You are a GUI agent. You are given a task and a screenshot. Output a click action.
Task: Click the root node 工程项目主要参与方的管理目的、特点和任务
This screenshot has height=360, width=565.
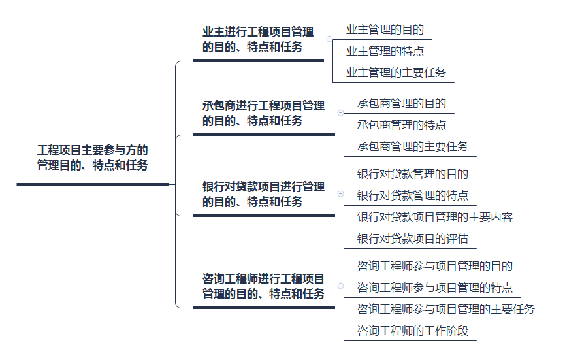click(x=92, y=157)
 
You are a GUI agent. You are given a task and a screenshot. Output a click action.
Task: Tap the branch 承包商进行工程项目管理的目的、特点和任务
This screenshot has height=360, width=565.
click(x=263, y=113)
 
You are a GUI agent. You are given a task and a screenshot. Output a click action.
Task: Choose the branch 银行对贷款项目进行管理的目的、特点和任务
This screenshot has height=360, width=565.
click(x=263, y=194)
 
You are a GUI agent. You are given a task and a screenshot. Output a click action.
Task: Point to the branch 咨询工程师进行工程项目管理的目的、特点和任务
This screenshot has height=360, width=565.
click(x=263, y=286)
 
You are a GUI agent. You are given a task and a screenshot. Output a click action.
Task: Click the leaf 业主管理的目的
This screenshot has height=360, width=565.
click(x=385, y=30)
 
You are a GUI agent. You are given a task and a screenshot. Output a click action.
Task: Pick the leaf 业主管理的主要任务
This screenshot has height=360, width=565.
click(x=395, y=72)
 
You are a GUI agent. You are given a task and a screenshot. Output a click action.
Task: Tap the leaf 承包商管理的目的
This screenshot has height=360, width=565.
click(x=401, y=104)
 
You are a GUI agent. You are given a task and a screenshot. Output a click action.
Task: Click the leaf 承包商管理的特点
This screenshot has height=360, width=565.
click(x=401, y=125)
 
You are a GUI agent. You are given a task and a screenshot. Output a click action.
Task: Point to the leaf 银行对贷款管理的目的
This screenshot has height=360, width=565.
click(x=412, y=174)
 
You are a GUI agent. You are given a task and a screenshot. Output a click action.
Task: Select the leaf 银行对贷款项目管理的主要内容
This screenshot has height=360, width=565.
click(x=434, y=217)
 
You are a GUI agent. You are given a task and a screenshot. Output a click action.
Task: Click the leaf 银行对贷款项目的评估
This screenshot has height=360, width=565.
click(x=412, y=238)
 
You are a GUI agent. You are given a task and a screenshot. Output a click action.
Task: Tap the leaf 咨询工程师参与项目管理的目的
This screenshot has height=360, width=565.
click(x=434, y=267)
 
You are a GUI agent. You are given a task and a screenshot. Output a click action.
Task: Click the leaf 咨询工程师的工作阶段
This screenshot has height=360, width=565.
click(x=412, y=331)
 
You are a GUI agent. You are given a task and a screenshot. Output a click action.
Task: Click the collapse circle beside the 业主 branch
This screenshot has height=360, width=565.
click(x=330, y=39)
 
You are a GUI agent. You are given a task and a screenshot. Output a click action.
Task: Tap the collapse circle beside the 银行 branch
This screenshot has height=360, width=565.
click(x=340, y=194)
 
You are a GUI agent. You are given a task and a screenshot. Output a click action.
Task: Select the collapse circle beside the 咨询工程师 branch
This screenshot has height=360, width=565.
click(x=340, y=286)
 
